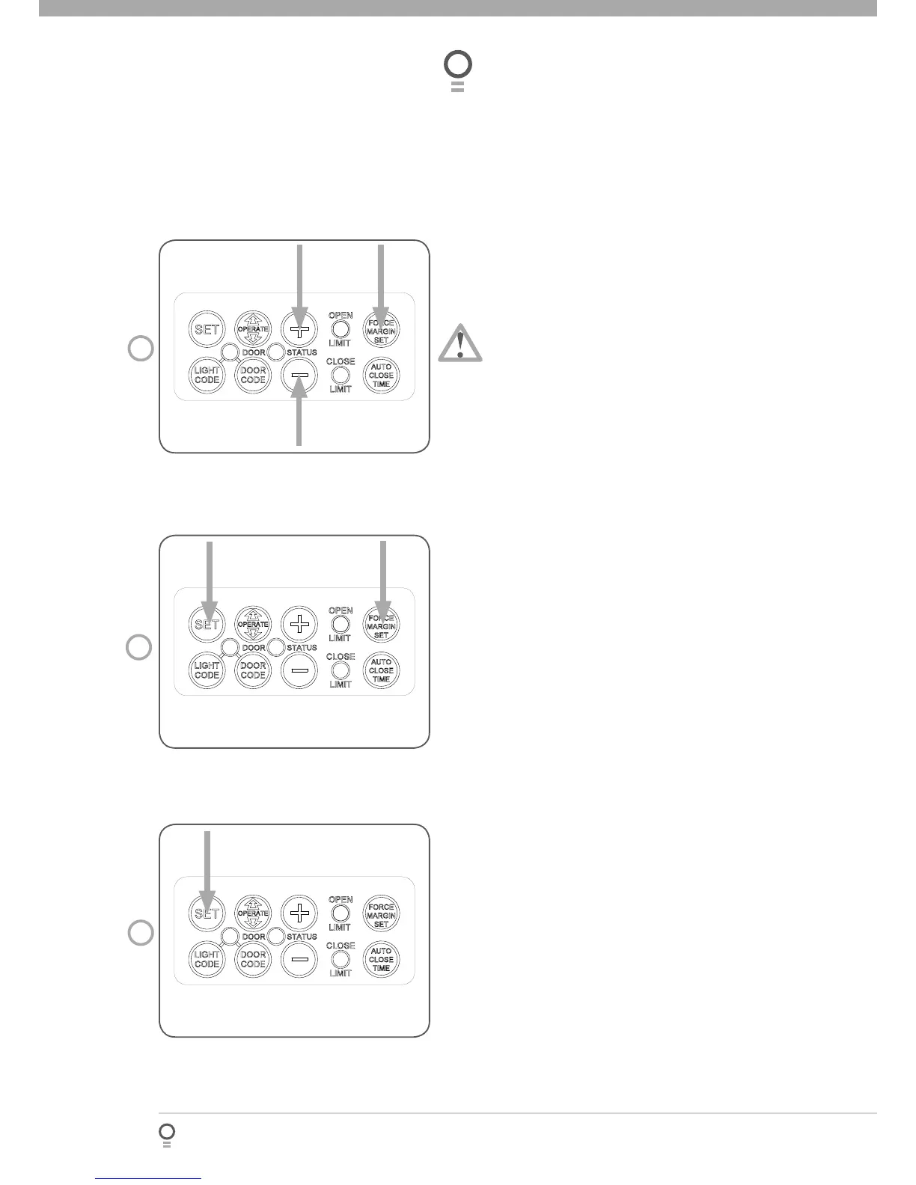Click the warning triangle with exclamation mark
(460, 343)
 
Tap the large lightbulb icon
(458, 69)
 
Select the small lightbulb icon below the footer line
(167, 1133)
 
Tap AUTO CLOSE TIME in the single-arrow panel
(381, 959)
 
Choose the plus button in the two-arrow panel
(299, 624)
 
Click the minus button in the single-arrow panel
(299, 959)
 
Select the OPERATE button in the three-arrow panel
(253, 329)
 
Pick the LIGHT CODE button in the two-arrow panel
(207, 670)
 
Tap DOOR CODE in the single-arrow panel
(253, 959)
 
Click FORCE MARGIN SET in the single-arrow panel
(381, 914)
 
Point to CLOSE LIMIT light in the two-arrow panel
(341, 670)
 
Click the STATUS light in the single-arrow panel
(276, 936)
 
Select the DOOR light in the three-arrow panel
(230, 352)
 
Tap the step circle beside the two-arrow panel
(140, 647)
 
